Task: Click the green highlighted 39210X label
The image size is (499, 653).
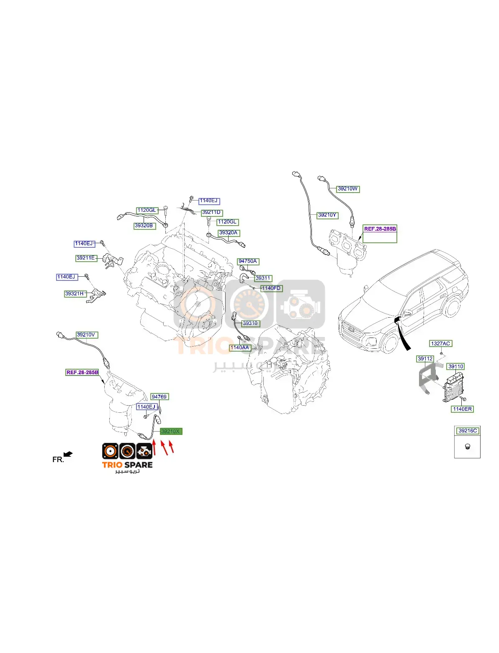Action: [x=171, y=431]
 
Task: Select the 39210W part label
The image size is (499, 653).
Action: [x=348, y=189]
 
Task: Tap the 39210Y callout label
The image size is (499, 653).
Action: [x=327, y=215]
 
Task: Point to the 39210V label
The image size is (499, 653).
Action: [x=87, y=335]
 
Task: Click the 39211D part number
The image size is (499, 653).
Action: [x=212, y=212]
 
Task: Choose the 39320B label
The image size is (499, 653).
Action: [x=144, y=226]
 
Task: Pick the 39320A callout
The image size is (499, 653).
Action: [x=229, y=233]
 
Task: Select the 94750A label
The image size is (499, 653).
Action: [x=248, y=261]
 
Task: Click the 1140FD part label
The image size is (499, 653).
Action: [x=272, y=288]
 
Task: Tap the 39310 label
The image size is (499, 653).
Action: [x=251, y=323]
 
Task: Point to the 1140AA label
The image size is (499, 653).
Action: [x=240, y=347]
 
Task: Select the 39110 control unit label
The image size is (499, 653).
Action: [x=456, y=367]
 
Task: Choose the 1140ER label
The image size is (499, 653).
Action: [x=463, y=409]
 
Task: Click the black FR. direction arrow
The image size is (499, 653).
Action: [x=68, y=454]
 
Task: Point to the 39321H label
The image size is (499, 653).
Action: [x=75, y=293]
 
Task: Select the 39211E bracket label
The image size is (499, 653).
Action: [x=86, y=258]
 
